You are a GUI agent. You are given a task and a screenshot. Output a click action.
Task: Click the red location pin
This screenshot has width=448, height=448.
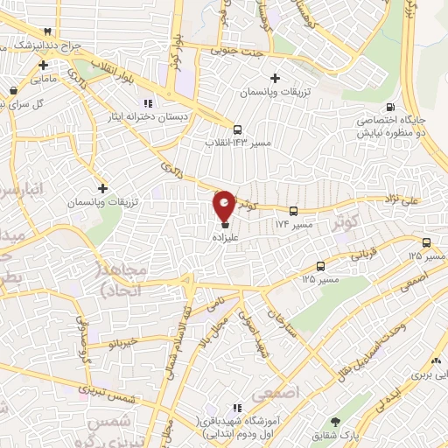pos(224,205)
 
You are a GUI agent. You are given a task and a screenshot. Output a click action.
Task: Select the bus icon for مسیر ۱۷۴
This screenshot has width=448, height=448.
pos(293,211)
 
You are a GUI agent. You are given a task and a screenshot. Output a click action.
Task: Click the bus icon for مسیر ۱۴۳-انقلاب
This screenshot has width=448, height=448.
pos(237,129)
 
